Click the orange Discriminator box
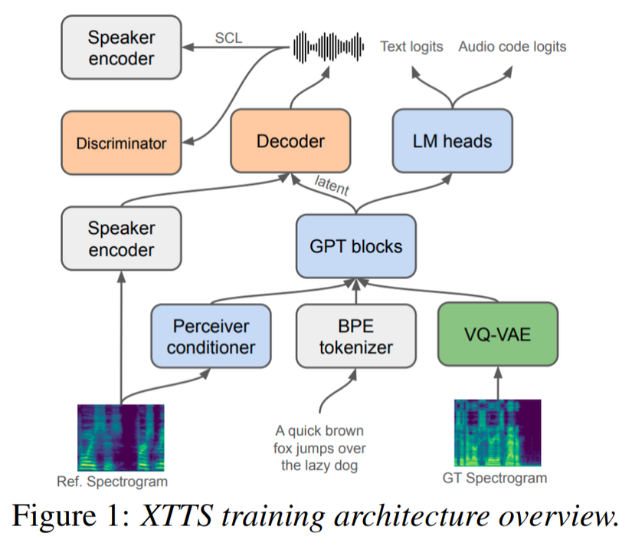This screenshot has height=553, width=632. [x=121, y=143]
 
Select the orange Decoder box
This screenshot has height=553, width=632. [x=290, y=140]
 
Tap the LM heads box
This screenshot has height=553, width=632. [x=452, y=140]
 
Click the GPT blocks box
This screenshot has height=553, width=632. [x=356, y=246]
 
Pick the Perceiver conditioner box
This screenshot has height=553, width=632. [x=211, y=336]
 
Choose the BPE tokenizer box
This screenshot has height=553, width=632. [x=356, y=336]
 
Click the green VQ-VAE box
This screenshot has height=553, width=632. [x=499, y=336]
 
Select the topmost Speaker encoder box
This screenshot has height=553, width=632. [x=121, y=48]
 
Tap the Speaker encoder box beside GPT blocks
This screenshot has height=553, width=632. [x=121, y=239]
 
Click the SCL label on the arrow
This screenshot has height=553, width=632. [x=228, y=38]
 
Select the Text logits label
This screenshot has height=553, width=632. [x=411, y=47]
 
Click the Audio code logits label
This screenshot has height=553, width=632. [x=512, y=47]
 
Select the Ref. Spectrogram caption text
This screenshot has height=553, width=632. [x=112, y=482]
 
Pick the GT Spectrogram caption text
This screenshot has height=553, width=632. [x=495, y=479]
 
